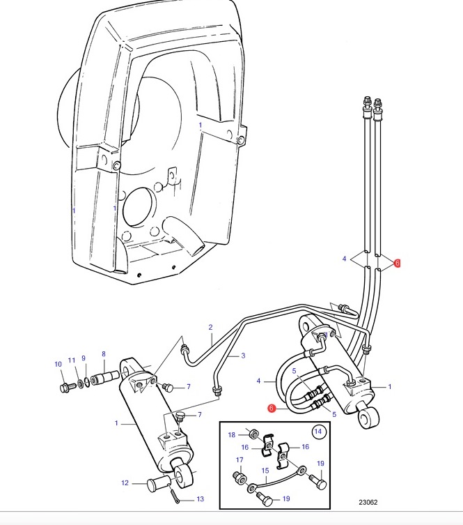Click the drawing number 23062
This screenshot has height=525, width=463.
368,502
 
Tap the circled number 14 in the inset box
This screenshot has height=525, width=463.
318,432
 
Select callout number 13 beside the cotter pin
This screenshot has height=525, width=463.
200,499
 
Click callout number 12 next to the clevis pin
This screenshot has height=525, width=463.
125,482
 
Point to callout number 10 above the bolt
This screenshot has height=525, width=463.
58,364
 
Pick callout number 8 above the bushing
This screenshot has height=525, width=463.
104,354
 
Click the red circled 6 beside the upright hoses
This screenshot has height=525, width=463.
397,263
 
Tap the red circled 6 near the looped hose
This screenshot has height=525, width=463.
272,409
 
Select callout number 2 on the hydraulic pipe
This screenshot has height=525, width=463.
210,327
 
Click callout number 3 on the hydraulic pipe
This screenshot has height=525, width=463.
243,356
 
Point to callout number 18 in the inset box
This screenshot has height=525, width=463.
232,434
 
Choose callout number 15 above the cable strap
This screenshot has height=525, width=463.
265,471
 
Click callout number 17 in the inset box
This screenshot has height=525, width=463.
240,459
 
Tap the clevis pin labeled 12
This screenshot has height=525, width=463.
157,485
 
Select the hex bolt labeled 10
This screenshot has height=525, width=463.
66,388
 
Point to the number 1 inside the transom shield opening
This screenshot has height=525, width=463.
201,125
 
